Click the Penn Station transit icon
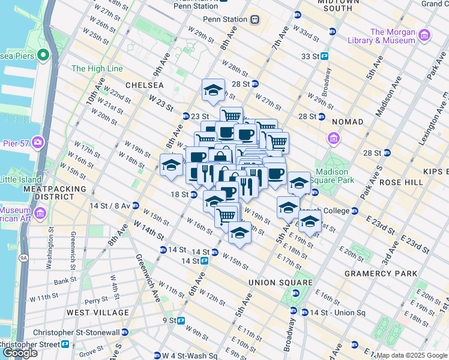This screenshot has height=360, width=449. [255, 19]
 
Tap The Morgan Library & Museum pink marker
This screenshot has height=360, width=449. [425, 35]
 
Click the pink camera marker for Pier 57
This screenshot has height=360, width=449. [38, 143]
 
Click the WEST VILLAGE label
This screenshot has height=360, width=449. [97, 313]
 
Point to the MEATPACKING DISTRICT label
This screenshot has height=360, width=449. [47, 193]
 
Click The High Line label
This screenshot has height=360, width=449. [97, 68]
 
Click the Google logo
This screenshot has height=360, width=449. [20, 353]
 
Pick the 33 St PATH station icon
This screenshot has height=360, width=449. [324, 56]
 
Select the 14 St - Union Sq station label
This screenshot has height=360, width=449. [337, 313]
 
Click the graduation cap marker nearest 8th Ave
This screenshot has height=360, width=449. [172, 165]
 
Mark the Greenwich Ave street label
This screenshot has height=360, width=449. [146, 268]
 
